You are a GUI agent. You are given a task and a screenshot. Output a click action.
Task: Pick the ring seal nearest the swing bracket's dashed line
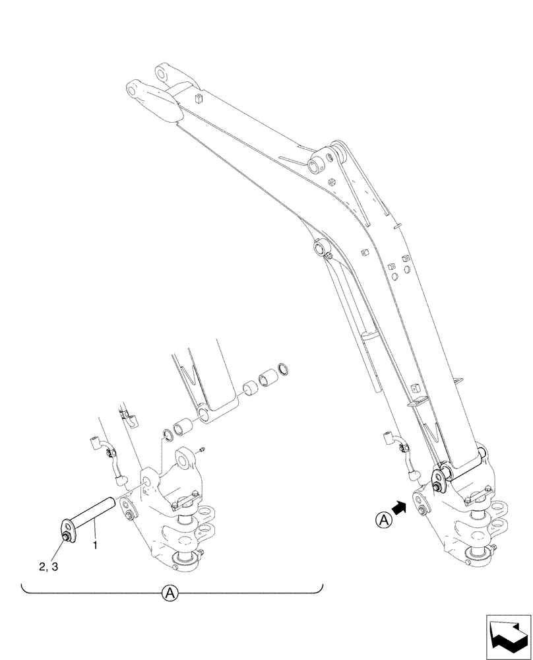point(169,434)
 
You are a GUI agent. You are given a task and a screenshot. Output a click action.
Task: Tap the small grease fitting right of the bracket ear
point(202,449)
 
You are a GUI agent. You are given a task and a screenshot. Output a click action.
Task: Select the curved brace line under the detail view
point(172,586)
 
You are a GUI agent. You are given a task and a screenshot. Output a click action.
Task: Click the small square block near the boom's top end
point(197,99)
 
